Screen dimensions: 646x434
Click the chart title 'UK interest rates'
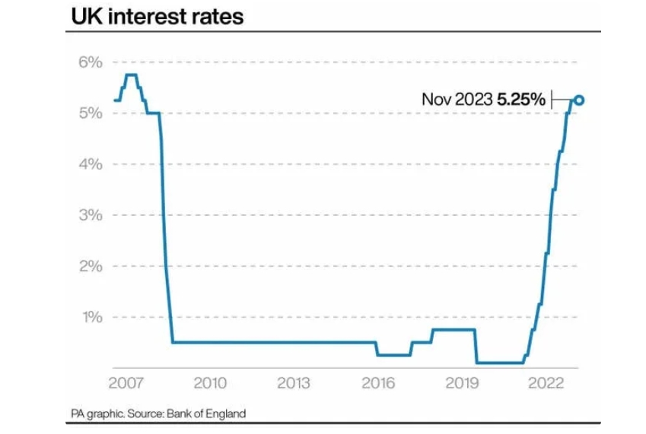coord(158,17)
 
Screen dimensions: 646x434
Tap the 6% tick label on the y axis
coord(91,62)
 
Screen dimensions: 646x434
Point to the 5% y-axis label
coord(91,112)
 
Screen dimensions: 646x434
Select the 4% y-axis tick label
coord(91,164)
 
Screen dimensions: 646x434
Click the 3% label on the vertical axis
coord(91,215)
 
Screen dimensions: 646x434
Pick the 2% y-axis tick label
coord(91,266)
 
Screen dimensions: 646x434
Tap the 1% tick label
coord(92,317)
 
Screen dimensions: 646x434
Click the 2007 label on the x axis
coord(126,383)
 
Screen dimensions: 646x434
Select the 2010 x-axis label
coord(210,383)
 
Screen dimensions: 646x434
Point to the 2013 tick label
coord(294,383)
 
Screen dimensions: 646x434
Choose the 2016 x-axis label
coord(378,383)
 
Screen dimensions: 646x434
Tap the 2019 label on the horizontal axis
coord(463,383)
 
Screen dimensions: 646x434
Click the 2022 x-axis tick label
coord(546,383)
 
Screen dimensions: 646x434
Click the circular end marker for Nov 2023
coord(579,100)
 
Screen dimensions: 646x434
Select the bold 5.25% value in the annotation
coord(521,100)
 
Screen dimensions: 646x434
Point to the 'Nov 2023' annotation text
coord(457,100)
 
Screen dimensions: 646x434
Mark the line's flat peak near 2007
coord(131,74)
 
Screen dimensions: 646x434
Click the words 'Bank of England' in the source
coord(206,413)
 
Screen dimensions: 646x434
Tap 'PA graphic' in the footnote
coord(97,413)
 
